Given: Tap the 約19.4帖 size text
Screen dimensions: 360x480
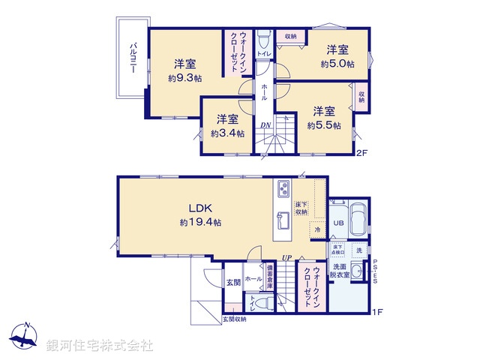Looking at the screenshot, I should tap(200, 223).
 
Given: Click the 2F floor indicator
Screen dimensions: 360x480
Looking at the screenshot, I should tap(361, 154).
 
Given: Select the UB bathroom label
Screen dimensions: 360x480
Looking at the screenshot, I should tap(338, 224).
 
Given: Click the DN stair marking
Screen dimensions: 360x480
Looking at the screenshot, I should tap(265, 125).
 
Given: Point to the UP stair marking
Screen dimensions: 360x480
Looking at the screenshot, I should tap(286, 259).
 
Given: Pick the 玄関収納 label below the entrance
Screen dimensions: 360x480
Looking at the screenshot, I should tap(234, 319).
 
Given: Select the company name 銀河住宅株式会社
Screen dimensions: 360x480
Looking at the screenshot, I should tap(100, 345).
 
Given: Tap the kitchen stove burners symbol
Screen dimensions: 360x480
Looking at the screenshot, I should tap(283, 187).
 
